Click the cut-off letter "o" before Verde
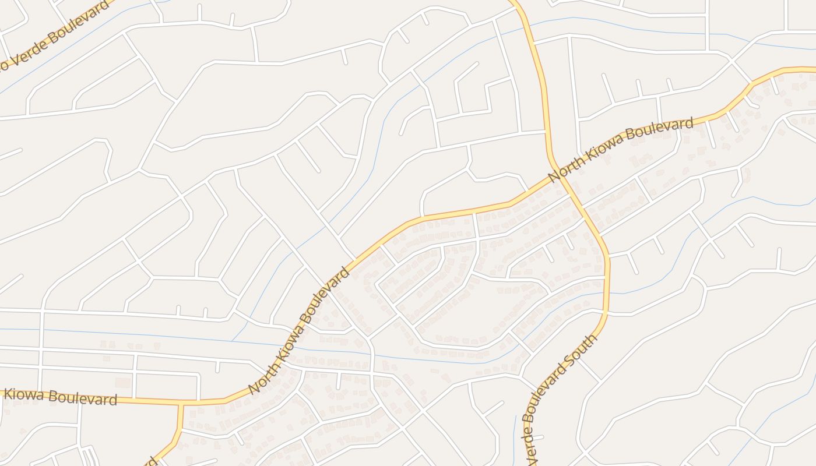pyautogui.click(x=3, y=66)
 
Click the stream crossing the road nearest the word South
pyautogui.click(x=606, y=293)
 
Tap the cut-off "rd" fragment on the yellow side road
pyautogui.click(x=153, y=461)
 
